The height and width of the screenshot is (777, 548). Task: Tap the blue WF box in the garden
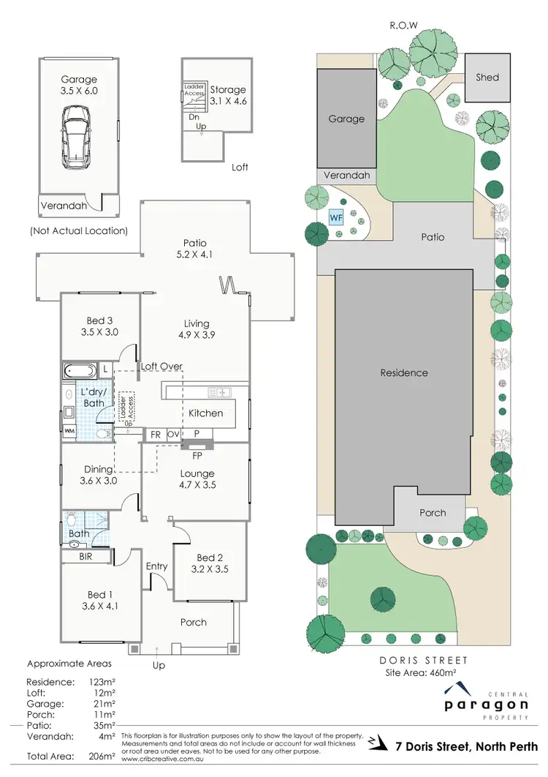(337, 217)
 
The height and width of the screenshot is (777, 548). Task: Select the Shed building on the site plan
(487, 77)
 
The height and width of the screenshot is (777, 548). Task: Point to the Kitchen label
(206, 413)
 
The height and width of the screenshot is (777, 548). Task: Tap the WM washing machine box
(69, 431)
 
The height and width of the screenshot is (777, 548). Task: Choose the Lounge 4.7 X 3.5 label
(197, 478)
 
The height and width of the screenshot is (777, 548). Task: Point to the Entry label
(156, 566)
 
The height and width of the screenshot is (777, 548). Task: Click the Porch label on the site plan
(433, 512)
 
